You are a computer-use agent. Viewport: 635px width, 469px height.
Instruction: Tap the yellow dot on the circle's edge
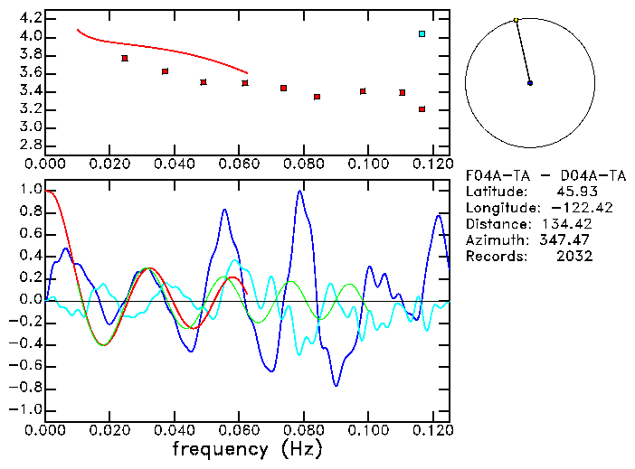click(516, 20)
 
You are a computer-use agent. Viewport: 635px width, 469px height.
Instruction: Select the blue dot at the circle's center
click(530, 83)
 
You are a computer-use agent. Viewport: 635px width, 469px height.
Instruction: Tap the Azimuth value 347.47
click(566, 240)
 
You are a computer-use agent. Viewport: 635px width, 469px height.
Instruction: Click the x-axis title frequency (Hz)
click(247, 448)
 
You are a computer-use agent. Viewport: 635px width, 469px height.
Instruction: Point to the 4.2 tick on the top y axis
click(30, 18)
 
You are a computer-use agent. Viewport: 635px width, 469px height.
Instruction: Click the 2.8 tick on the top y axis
click(30, 145)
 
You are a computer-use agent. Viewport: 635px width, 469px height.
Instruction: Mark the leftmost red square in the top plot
click(125, 58)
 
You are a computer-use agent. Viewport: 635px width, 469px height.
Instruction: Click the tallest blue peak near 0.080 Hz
click(299, 192)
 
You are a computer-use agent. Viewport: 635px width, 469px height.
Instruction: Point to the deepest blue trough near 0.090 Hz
click(336, 385)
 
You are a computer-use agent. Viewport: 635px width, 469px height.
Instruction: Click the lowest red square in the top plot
click(422, 109)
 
